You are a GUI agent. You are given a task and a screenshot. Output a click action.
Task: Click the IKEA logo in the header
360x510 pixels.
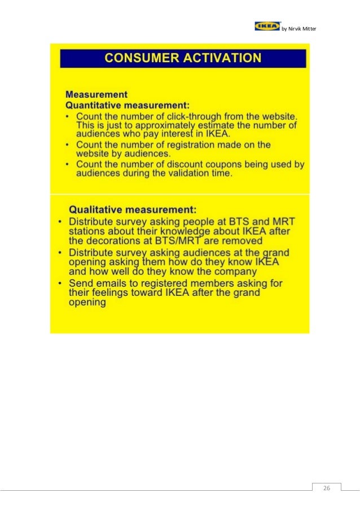pos(267,26)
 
